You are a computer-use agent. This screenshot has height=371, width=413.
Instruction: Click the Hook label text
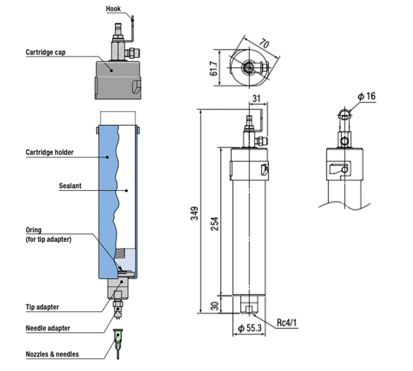114,8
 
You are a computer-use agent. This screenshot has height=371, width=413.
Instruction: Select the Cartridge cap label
45,52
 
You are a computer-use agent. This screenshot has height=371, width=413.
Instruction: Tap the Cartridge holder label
50,152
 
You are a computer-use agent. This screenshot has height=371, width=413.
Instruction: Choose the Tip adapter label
42,307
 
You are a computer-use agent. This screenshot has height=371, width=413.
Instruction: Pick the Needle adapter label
48,328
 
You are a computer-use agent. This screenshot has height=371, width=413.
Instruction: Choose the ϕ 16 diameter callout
368,97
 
